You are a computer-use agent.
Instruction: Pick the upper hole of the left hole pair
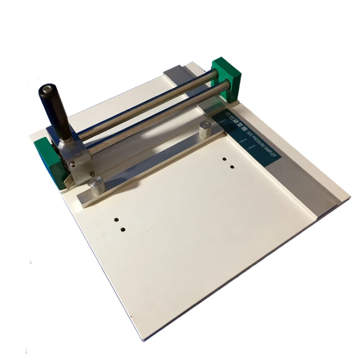(116, 221)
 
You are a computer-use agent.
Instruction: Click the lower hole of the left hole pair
(123, 230)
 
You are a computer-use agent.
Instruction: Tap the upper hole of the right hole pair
(225, 158)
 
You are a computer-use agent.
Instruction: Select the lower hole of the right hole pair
(232, 167)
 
